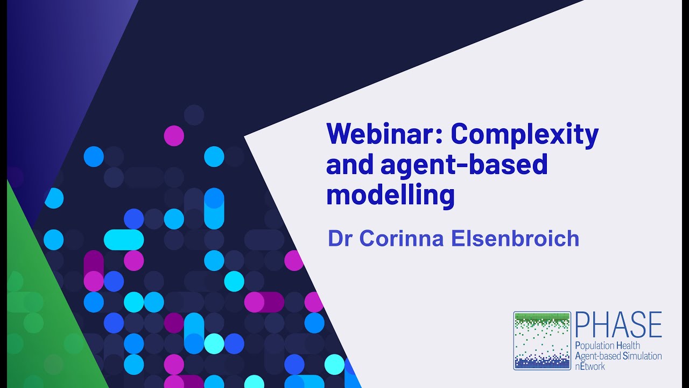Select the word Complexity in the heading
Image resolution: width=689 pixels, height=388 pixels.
pyautogui.click(x=524, y=135)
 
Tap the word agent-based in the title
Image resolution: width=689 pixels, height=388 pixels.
pyautogui.click(x=464, y=165)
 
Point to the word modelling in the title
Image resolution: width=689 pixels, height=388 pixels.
pyautogui.click(x=390, y=195)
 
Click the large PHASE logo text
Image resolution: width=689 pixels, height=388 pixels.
pyautogui.click(x=618, y=325)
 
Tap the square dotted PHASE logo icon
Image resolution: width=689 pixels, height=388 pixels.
pyautogui.click(x=542, y=341)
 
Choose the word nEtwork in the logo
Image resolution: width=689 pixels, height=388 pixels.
pyautogui.click(x=590, y=366)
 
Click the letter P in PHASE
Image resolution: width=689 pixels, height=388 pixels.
pyautogui.click(x=582, y=325)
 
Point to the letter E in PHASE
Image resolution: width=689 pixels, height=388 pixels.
pyautogui.click(x=653, y=325)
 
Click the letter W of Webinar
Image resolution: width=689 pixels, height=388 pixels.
pyautogui.click(x=338, y=134)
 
